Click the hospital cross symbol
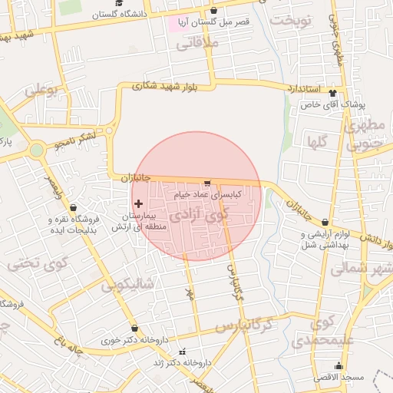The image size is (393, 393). [138, 203]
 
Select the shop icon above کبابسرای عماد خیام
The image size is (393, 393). [206, 183]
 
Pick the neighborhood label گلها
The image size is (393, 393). [317, 142]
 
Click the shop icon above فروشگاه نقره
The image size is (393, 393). [73, 207]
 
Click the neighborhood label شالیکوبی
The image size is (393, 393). [127, 285]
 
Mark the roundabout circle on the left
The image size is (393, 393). [36, 150]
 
